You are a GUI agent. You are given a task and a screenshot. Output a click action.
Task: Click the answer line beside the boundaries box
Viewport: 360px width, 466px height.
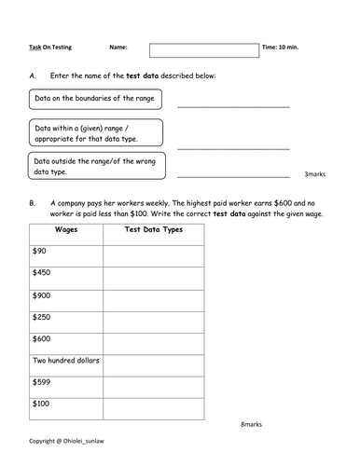(233, 105)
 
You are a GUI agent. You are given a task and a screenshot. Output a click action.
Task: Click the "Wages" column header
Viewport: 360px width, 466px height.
(65, 228)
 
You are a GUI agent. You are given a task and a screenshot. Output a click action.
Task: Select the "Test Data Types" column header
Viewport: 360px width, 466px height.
(153, 228)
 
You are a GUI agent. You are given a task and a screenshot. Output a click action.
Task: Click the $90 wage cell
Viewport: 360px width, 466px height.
(65, 251)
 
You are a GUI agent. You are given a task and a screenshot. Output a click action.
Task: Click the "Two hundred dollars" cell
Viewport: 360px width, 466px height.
(65, 360)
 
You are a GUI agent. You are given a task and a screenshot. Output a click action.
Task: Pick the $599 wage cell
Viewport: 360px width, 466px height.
(65, 382)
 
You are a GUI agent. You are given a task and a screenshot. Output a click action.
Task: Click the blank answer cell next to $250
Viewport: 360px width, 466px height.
(153, 317)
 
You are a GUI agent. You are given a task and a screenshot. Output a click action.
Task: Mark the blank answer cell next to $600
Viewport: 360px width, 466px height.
(153, 338)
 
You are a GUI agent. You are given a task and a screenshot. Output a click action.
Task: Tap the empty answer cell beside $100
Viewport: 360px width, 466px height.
(153, 404)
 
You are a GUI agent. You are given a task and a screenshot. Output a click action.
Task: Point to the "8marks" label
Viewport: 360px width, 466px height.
(252, 422)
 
